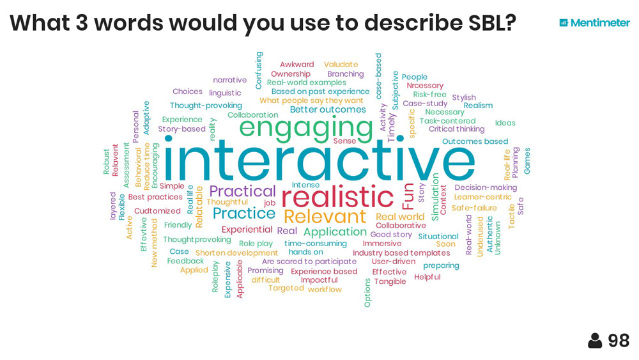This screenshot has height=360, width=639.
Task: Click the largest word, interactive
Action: click(x=319, y=159)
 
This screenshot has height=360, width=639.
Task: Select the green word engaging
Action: click(x=306, y=128)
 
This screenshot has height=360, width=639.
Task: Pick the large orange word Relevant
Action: click(x=325, y=217)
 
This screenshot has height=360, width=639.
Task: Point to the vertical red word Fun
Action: click(x=408, y=196)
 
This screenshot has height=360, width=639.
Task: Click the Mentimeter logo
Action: click(x=594, y=23)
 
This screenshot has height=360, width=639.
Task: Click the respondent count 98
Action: click(x=619, y=341)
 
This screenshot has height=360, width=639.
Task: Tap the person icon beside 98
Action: click(x=595, y=341)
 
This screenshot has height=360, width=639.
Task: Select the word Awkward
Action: click(x=296, y=65)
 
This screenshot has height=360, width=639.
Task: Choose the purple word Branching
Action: click(x=346, y=74)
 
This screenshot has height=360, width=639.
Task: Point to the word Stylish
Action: click(x=464, y=97)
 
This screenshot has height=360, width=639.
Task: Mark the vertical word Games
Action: click(x=527, y=161)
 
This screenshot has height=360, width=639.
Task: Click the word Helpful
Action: click(x=427, y=278)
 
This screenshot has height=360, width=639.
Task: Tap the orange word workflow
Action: click(x=325, y=290)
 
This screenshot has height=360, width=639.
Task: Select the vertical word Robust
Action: click(x=106, y=161)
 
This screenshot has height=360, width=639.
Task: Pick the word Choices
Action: click(x=187, y=91)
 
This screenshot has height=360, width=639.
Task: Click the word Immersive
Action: click(x=382, y=244)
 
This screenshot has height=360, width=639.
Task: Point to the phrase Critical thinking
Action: click(x=456, y=129)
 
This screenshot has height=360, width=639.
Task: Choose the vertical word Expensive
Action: click(x=227, y=279)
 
